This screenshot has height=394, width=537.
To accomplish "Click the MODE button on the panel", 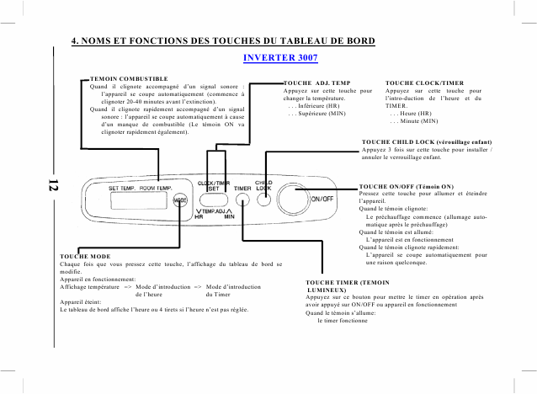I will (x=181, y=200).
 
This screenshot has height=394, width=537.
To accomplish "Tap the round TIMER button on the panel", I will (x=242, y=200).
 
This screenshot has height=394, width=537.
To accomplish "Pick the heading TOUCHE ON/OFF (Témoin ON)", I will (x=407, y=185).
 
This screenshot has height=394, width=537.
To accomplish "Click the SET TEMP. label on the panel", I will (x=122, y=189).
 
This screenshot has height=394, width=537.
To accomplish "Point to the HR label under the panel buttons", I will (x=199, y=216).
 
